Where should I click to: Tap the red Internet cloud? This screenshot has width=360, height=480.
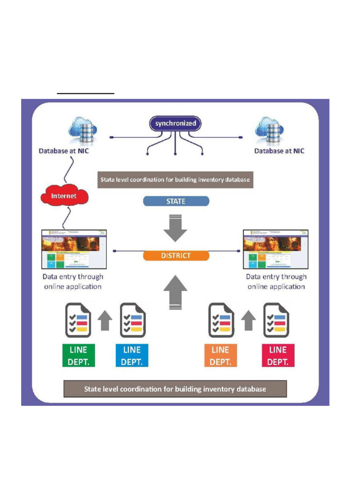(x=64, y=195)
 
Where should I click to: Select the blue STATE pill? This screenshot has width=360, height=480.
(x=176, y=202)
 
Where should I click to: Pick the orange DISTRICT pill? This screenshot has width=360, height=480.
(x=176, y=256)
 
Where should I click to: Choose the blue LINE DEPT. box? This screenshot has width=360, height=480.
(x=132, y=356)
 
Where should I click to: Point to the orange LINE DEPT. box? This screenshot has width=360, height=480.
(x=220, y=356)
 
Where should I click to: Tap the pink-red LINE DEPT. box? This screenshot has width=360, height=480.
(x=278, y=356)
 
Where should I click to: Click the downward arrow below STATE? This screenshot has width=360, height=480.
(x=176, y=227)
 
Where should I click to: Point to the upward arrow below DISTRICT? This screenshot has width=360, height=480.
(x=176, y=293)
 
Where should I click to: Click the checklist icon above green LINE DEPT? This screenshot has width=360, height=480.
(x=78, y=321)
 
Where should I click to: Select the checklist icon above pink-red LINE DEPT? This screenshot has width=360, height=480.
(x=276, y=321)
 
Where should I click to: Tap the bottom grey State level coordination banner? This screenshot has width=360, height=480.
(x=175, y=389)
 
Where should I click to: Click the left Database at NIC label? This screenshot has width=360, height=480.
(x=64, y=151)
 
